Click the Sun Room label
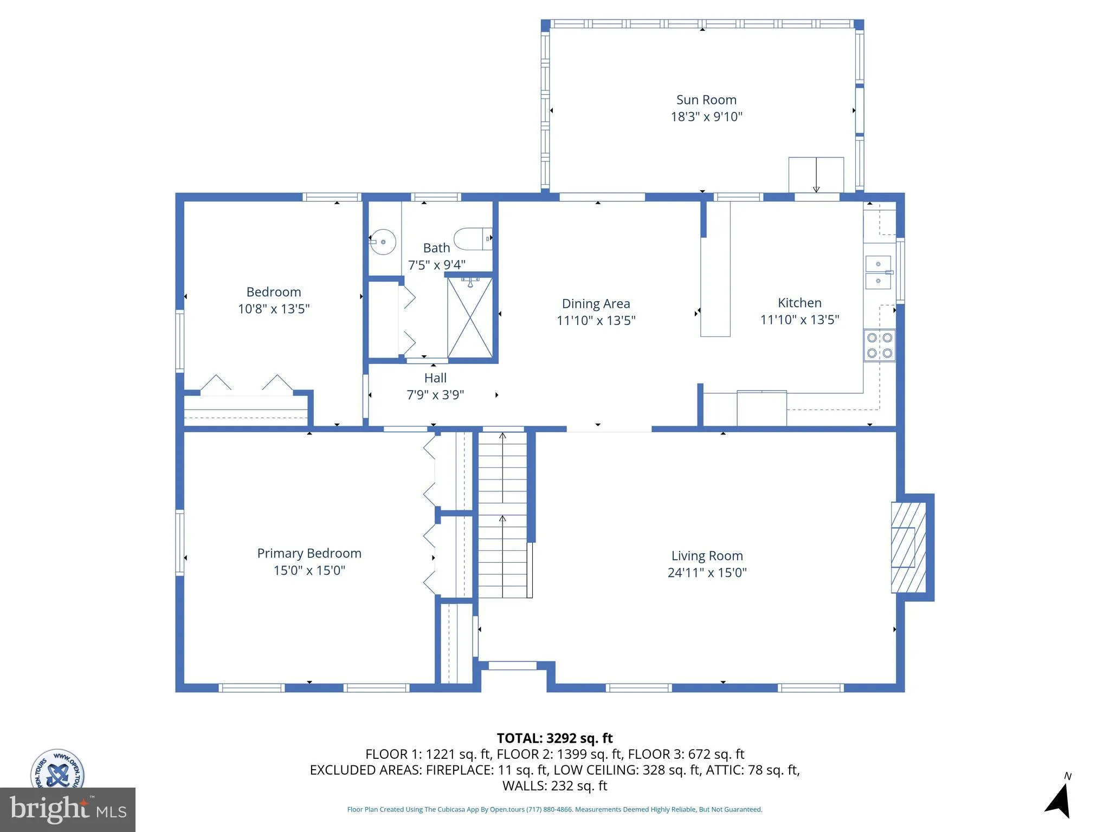(706, 100)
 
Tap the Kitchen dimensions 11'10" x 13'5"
(799, 320)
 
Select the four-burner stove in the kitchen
(879, 346)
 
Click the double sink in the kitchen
(878, 272)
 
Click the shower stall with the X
(469, 318)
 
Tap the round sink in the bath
(383, 242)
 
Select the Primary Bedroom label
(309, 553)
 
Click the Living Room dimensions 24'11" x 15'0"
(707, 573)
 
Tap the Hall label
(435, 378)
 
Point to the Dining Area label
(596, 303)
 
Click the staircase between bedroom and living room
(502, 515)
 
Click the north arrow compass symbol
(1059, 799)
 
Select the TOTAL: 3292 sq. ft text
(554, 738)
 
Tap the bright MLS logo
(67, 809)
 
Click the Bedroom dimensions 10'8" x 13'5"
(274, 309)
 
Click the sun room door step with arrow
(816, 174)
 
